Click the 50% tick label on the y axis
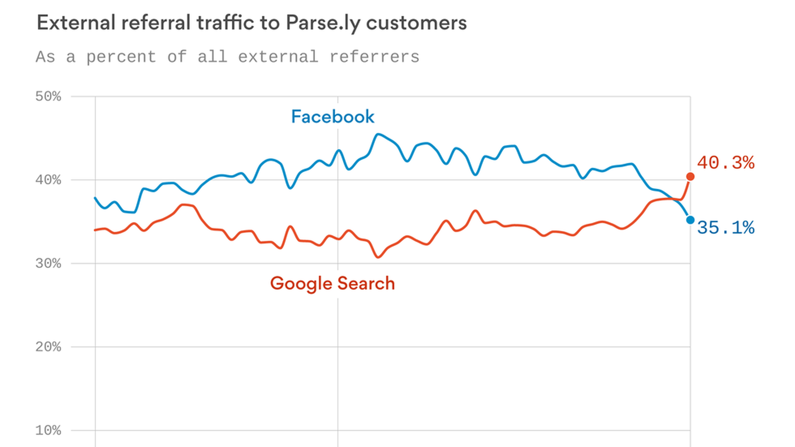[48, 97]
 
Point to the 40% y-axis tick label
[48, 180]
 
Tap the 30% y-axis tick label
[48, 264]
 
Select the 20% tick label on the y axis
[48, 347]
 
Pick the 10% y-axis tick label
[48, 431]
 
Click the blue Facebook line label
[332, 117]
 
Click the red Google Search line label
[332, 284]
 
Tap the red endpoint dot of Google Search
[690, 177]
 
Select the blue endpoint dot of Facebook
[690, 220]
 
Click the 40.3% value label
[725, 163]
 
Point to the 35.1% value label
[725, 228]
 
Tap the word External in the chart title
[76, 23]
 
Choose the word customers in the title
[416, 23]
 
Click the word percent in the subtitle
[121, 57]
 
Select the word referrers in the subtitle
[374, 57]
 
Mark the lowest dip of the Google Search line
[378, 257]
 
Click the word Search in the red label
[366, 284]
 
